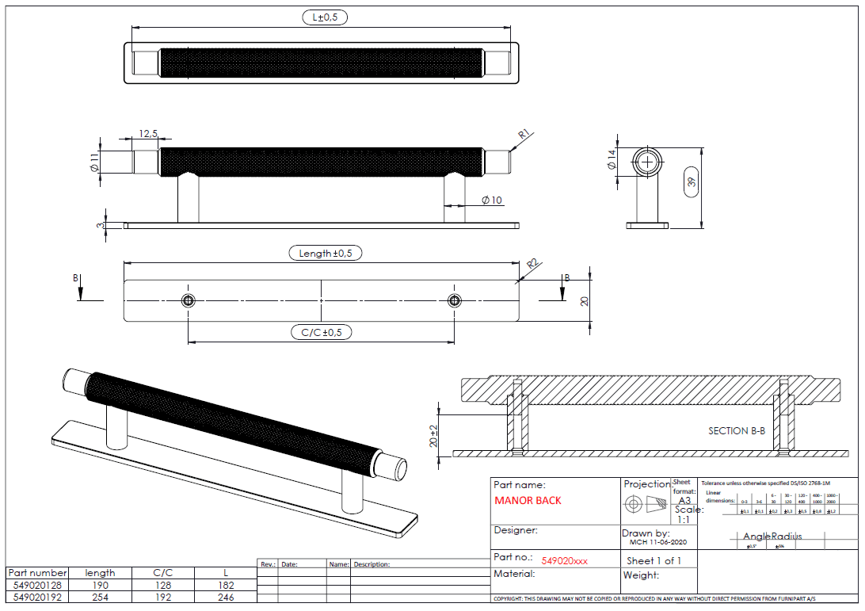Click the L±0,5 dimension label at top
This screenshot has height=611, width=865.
325,17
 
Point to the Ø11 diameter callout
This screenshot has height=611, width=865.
94,162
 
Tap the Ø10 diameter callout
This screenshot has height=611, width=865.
492,200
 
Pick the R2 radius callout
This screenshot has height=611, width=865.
533,262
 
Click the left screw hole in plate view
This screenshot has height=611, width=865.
188,300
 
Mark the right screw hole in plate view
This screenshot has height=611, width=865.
454,300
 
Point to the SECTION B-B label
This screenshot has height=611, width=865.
737,431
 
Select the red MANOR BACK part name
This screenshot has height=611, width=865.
528,501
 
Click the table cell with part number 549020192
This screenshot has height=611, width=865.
37,597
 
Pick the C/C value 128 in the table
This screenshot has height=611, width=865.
162,585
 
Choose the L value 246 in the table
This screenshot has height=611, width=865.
225,597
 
